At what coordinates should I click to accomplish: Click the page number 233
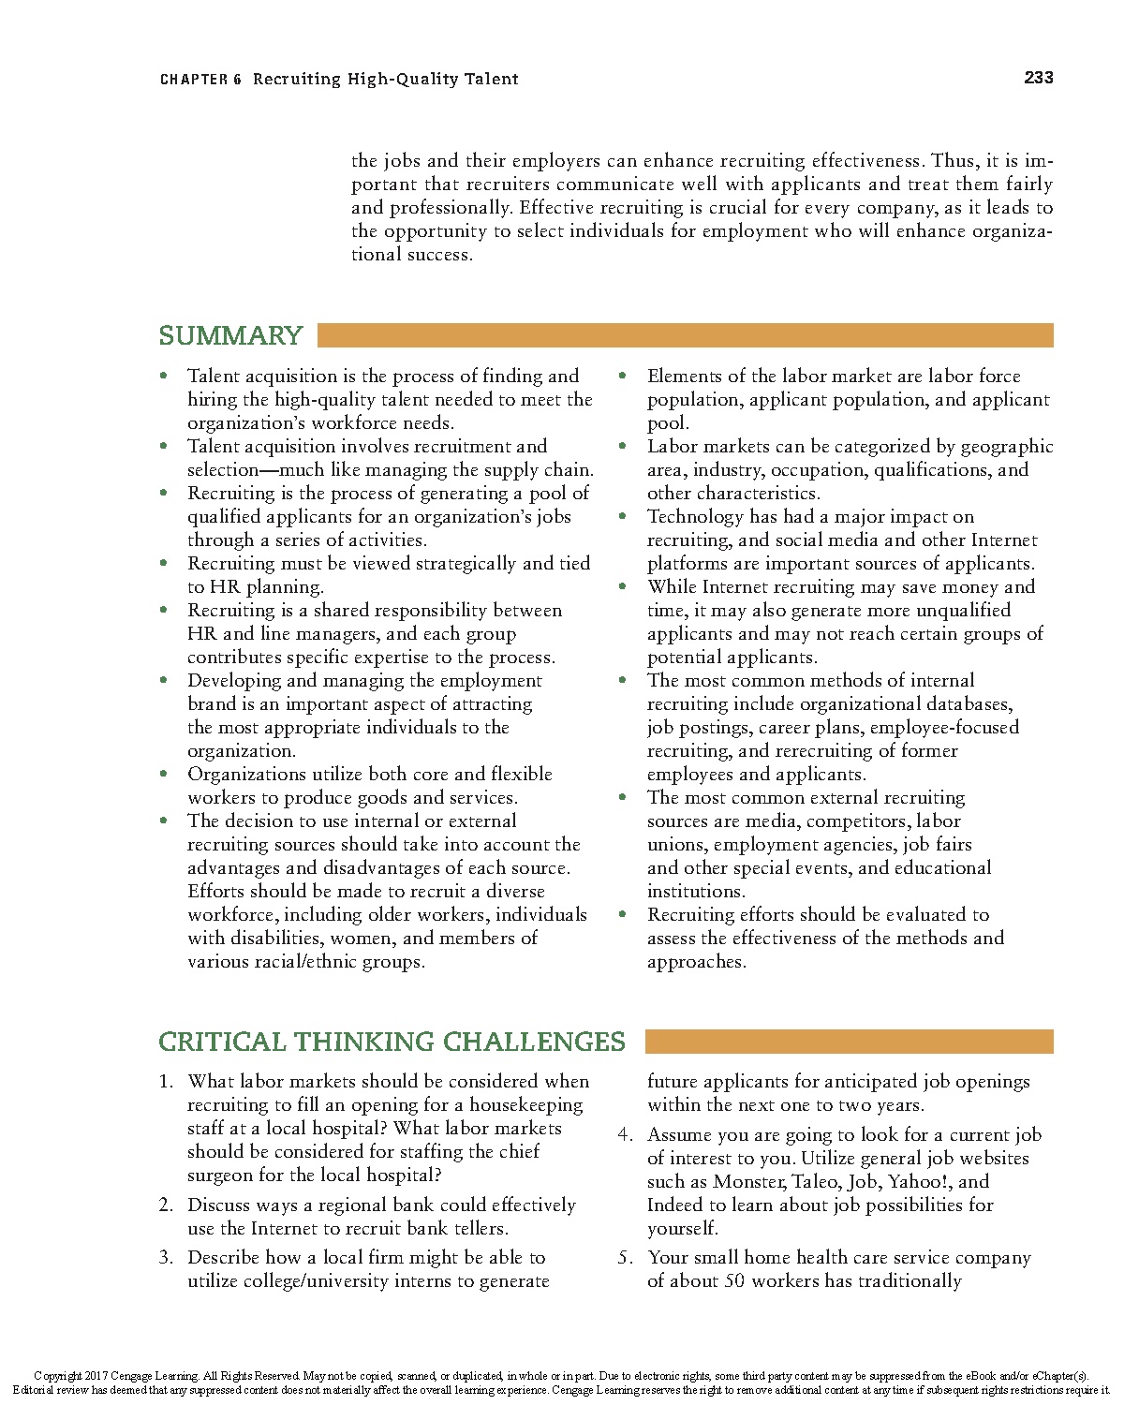1039,78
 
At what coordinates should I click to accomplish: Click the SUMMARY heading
230,335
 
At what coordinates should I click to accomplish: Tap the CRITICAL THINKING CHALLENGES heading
392,1042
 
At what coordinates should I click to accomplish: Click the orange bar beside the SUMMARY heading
685,335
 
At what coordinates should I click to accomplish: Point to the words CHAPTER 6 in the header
200,80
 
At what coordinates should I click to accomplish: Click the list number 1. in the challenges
166,1082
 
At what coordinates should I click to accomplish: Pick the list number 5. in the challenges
626,1258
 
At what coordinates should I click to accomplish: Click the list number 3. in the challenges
166,1258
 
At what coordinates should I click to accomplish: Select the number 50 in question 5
734,1281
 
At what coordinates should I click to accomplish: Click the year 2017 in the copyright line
96,1376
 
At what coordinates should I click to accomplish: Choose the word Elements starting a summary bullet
685,377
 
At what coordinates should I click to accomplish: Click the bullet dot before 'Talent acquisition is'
164,376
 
